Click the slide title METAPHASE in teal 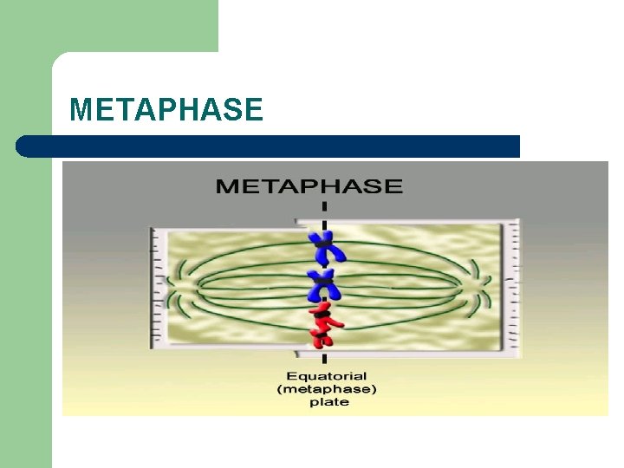point(166,110)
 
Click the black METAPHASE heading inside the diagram point(309,185)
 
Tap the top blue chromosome point(325,248)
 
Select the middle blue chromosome point(325,285)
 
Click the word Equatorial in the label point(325,376)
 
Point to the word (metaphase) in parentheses point(326,389)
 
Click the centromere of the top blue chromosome point(325,246)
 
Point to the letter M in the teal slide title point(81,110)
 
